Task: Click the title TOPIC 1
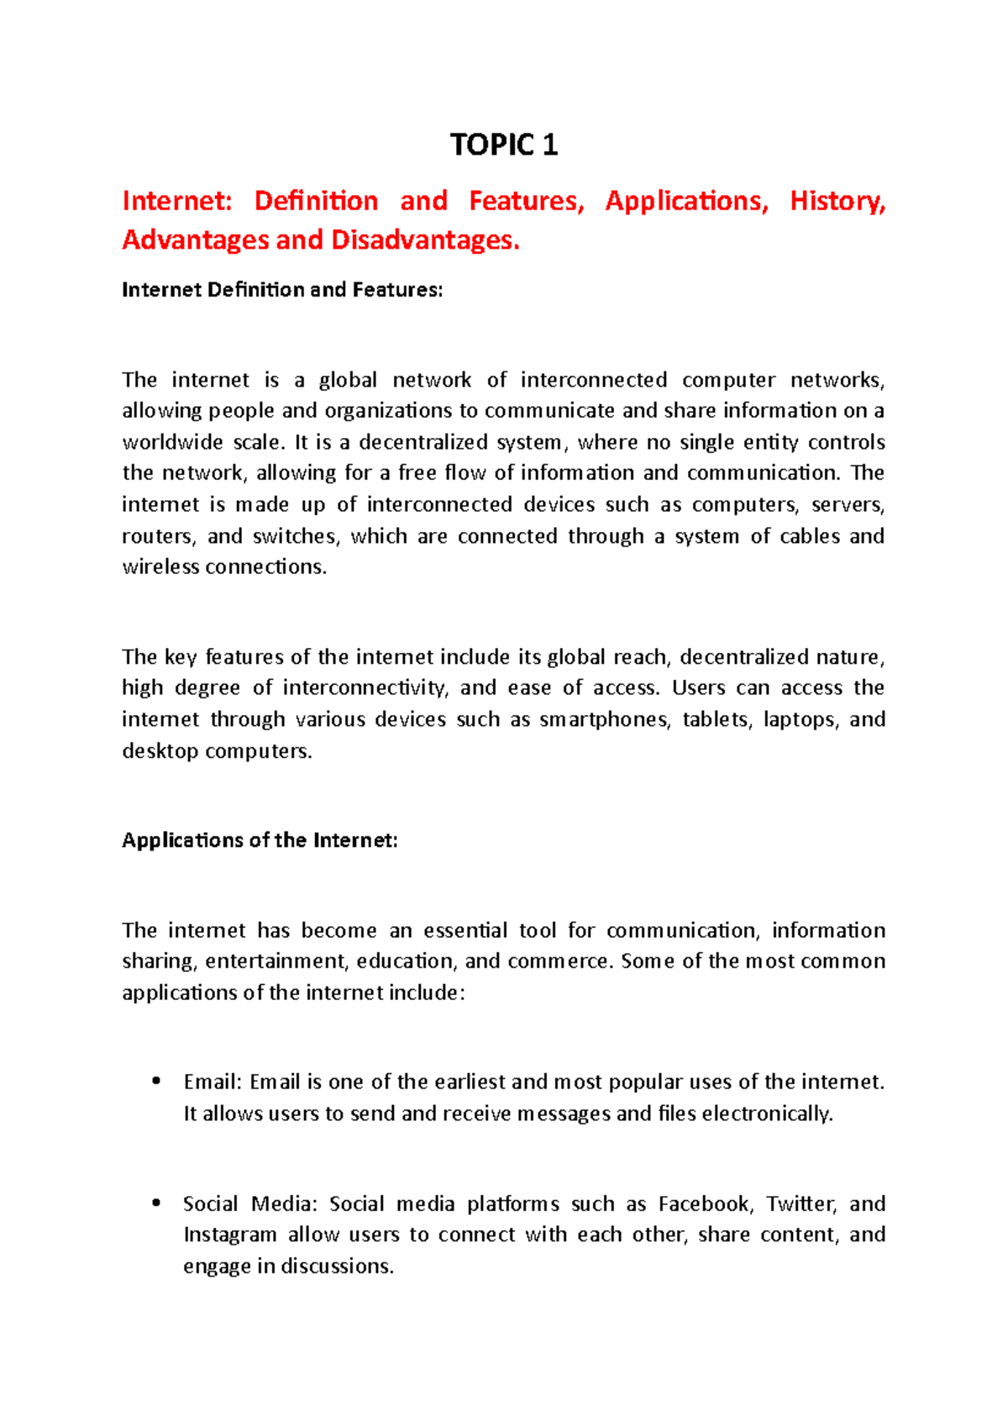503,145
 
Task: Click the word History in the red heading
837,202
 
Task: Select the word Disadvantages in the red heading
425,240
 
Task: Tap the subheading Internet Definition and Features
281,290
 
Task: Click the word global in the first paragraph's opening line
348,380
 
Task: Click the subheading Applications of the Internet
260,840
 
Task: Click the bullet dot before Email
155,1082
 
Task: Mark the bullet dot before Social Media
155,1203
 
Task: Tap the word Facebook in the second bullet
703,1204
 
